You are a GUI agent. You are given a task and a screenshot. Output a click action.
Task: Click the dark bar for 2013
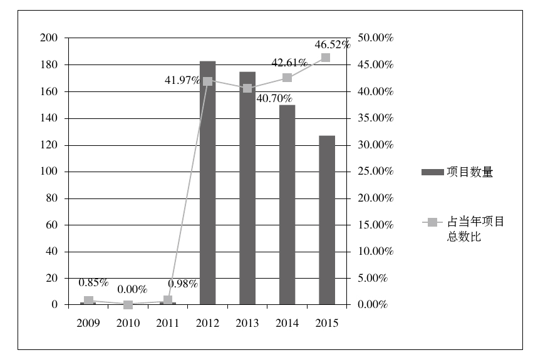[x=247, y=188]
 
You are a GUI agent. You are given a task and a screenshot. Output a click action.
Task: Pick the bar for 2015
[x=326, y=220]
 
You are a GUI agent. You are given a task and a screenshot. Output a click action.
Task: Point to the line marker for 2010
[x=128, y=305]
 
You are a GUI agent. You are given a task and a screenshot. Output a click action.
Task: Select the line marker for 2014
[x=287, y=78]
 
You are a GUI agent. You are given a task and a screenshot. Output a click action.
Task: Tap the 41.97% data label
[x=182, y=80]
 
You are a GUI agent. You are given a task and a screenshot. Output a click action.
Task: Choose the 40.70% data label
[x=274, y=98]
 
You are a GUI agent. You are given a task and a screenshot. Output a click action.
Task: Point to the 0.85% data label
[x=93, y=282]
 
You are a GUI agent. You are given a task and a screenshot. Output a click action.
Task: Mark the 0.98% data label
[x=183, y=284]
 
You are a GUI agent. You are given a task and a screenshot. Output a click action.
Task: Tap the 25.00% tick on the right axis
[x=375, y=172]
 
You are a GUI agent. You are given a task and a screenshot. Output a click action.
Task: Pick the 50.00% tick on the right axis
[x=375, y=38]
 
